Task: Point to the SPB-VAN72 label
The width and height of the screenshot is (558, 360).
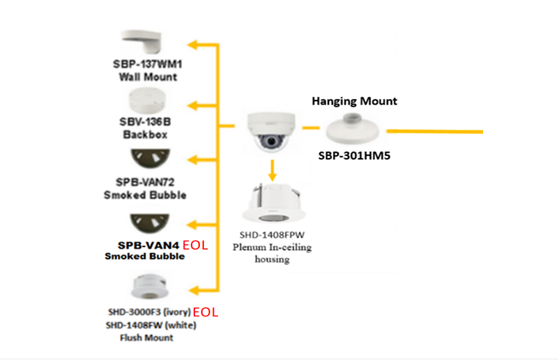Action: click(x=145, y=183)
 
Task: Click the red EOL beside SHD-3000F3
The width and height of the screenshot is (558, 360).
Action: click(x=205, y=312)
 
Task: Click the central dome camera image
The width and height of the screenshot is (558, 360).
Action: click(x=272, y=132)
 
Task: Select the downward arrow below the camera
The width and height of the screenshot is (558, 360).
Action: click(x=273, y=169)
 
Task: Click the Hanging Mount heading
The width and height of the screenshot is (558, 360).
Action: click(x=354, y=101)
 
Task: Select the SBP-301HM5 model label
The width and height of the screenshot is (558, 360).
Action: click(x=355, y=156)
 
